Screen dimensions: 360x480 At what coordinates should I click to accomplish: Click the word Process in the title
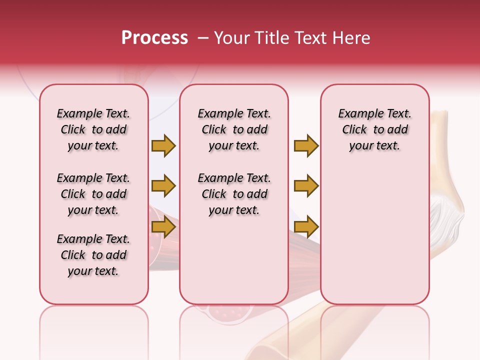coord(154,38)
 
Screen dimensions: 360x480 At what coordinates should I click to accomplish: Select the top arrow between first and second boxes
coord(163,145)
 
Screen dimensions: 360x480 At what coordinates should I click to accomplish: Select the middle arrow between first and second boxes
coord(163,186)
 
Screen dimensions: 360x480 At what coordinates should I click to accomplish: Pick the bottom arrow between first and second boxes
coord(163,227)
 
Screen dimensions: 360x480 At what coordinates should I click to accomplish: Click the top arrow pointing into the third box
coord(306,145)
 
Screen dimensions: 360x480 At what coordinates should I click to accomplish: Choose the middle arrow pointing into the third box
coord(306,186)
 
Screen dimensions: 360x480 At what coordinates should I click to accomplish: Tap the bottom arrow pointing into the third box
coord(306,227)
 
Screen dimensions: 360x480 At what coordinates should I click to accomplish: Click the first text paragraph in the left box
coord(93,129)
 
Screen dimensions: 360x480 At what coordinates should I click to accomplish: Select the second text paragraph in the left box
coord(93,194)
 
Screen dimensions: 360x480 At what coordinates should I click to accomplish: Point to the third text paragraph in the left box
coord(93,255)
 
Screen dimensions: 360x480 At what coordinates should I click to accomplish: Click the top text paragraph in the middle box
coord(234,129)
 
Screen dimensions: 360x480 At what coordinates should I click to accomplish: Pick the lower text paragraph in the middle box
coord(234,194)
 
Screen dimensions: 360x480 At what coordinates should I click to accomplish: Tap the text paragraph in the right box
coord(374,129)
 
